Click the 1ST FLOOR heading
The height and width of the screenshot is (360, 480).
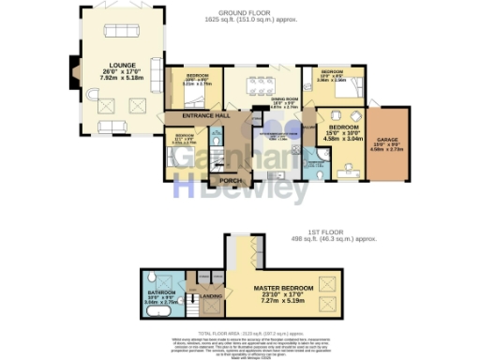(327, 231)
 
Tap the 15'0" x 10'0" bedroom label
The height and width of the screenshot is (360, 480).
(343, 132)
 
